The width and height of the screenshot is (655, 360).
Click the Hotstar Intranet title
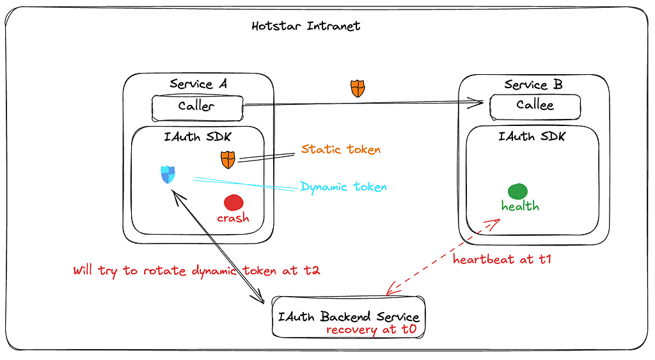tap(306, 26)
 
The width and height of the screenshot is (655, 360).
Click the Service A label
tap(198, 84)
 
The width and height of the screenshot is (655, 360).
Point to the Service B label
tap(533, 85)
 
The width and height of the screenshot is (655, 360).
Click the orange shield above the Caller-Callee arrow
tap(358, 88)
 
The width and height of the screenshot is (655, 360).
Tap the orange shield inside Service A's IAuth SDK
tap(228, 160)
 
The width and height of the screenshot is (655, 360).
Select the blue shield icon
tap(168, 175)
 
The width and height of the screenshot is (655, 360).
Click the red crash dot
tap(233, 203)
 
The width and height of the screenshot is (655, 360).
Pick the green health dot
tap(517, 191)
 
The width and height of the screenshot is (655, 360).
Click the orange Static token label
tap(341, 149)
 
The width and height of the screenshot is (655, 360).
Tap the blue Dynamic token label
tap(343, 187)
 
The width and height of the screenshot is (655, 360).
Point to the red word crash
tap(233, 218)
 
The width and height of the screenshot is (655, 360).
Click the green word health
tap(520, 206)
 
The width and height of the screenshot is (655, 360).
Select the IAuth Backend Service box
tap(349, 317)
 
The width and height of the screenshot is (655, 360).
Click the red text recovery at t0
tap(372, 329)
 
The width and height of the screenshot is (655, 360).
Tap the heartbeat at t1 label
tap(502, 260)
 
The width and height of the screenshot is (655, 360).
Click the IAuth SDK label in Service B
tap(532, 137)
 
